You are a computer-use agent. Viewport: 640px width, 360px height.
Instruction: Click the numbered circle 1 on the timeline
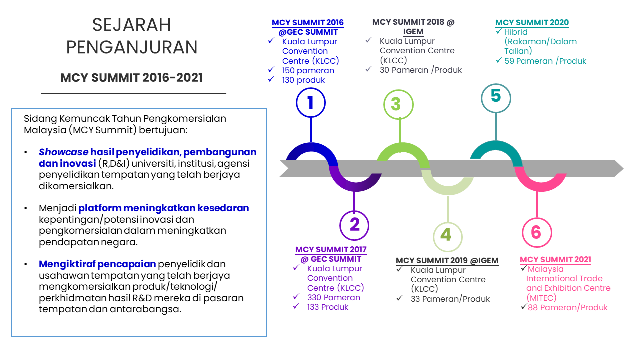click(311, 89)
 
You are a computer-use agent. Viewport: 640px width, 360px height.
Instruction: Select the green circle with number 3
click(399, 91)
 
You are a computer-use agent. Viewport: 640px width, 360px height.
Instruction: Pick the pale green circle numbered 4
click(447, 224)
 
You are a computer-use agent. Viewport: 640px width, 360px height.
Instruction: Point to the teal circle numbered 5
click(496, 85)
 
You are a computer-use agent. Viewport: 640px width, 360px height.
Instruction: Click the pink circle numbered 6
click(537, 219)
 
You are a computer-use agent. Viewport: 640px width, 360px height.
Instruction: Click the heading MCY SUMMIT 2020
click(532, 23)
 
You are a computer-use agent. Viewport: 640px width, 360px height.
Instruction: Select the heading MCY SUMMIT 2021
click(555, 260)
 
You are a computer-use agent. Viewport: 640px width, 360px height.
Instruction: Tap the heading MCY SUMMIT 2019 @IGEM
click(447, 261)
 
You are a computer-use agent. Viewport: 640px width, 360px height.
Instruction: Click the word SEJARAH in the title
click(131, 25)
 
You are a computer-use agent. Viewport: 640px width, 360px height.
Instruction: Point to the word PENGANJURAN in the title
click(132, 47)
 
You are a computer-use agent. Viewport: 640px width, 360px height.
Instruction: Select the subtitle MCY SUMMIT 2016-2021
click(131, 78)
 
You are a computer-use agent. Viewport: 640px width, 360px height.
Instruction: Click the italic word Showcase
click(63, 152)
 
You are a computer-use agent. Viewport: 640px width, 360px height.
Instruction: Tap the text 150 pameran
click(308, 71)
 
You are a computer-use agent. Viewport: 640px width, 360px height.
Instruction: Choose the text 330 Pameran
click(333, 297)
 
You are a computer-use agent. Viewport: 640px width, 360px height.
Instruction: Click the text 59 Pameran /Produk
click(545, 61)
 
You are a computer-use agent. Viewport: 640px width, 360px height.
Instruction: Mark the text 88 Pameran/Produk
click(568, 307)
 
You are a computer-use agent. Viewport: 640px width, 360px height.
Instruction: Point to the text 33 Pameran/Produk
click(450, 299)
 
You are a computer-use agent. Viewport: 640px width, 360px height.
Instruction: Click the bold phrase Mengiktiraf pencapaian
click(97, 264)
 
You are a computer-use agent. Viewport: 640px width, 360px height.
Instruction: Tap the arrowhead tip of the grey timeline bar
click(623, 168)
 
